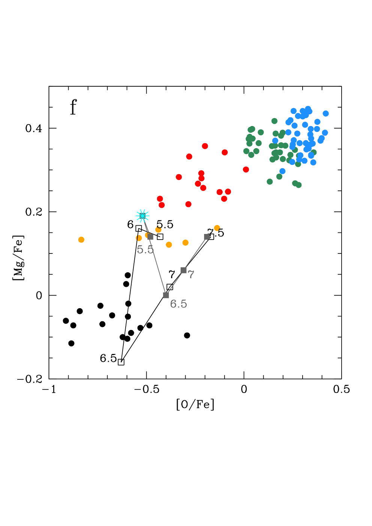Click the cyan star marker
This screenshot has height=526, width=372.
point(142,216)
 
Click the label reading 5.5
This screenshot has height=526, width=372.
point(145,250)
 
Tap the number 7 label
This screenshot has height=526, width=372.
point(191,275)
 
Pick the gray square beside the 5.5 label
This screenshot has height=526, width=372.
point(150,237)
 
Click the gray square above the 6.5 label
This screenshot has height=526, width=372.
point(166,295)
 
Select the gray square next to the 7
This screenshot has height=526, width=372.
point(183,270)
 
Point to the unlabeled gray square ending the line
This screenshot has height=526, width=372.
point(207,237)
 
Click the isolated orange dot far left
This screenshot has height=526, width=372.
point(81,240)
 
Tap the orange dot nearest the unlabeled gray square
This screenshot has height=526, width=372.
point(217,228)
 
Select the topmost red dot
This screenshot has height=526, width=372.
point(205,146)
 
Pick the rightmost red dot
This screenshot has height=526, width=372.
point(246,169)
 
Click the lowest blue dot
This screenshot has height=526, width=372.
point(282,171)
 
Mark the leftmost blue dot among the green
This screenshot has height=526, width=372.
point(275,141)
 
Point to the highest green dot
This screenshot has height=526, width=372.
point(274,121)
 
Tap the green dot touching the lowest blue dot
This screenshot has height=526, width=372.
point(279,177)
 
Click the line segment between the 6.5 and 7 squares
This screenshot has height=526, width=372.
point(175,283)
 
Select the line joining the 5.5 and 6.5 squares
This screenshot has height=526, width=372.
point(158,266)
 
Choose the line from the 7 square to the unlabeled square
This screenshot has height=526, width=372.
point(195,254)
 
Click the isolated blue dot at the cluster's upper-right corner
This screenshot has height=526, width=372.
point(325,113)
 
